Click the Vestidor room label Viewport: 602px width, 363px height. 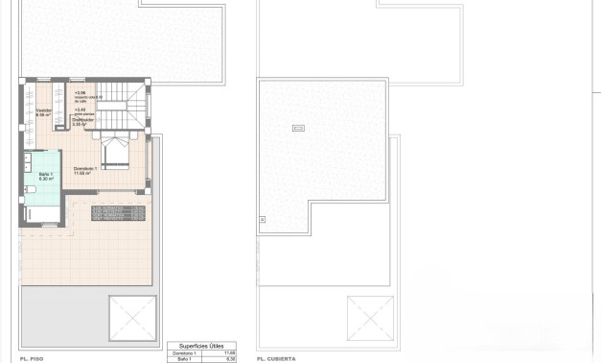tap(43, 112)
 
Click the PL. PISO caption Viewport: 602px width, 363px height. tap(31, 358)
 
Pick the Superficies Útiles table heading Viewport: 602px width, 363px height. tap(202, 346)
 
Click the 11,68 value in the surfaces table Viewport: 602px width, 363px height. tap(229, 352)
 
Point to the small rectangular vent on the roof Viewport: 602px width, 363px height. tap(297, 128)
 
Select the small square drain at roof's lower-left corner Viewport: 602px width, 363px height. tap(263, 220)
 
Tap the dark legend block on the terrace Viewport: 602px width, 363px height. tap(117, 212)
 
